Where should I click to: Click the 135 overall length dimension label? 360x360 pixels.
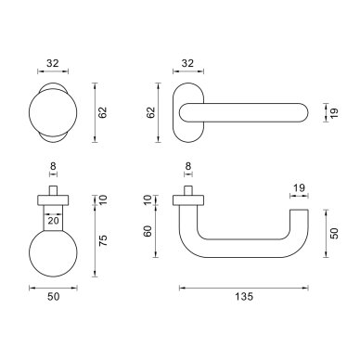244,297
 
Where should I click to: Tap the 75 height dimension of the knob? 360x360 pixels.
103,240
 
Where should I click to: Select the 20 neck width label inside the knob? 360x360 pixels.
53,221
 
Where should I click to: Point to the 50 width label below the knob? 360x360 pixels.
53,297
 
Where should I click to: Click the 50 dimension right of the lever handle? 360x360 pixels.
334,233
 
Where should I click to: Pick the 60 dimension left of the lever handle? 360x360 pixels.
148,231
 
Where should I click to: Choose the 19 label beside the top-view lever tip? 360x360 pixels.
334,112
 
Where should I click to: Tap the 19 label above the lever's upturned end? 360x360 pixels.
299,187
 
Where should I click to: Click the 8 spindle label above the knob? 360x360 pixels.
53,166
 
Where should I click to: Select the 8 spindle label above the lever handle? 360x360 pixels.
188,166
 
